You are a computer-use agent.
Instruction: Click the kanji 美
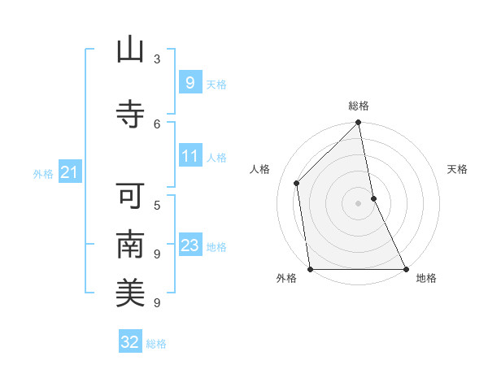pyautogui.click(x=130, y=292)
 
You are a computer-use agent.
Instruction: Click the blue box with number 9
pyautogui.click(x=190, y=83)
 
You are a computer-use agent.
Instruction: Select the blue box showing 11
pyautogui.click(x=190, y=156)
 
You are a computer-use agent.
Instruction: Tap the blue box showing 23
pyautogui.click(x=190, y=245)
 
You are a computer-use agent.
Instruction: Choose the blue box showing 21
pyautogui.click(x=68, y=172)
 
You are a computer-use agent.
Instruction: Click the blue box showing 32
pyautogui.click(x=130, y=342)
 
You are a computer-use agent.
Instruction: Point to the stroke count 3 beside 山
pyautogui.click(x=157, y=59)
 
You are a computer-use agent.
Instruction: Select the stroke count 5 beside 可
pyautogui.click(x=157, y=206)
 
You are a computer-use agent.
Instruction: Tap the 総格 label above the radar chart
pyautogui.click(x=359, y=106)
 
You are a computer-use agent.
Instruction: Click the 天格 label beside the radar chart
pyautogui.click(x=458, y=169)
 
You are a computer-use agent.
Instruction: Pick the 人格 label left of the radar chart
pyautogui.click(x=260, y=169)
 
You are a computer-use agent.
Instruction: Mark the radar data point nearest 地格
pyautogui.click(x=405, y=268)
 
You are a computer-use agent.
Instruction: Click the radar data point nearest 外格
pyautogui.click(x=311, y=268)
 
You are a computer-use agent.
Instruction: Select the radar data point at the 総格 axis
pyautogui.click(x=358, y=124)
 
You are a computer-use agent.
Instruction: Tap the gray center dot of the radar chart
pyautogui.click(x=358, y=202)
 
